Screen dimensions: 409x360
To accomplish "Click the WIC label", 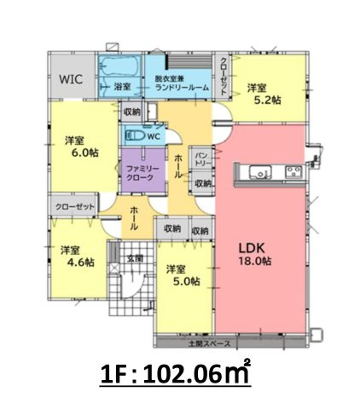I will (69, 79).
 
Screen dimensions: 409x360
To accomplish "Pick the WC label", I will (154, 136).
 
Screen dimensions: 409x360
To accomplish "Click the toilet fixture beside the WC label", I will (133, 135).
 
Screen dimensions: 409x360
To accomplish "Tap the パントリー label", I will (202, 159).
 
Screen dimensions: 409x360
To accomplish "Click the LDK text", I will (255, 249).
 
